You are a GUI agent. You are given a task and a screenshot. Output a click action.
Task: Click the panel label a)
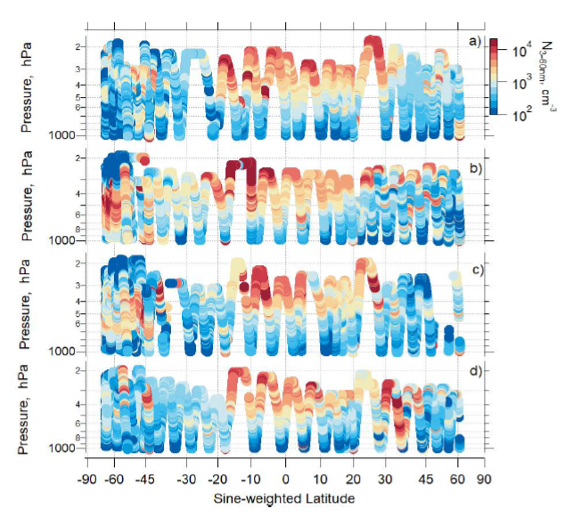pyautogui.click(x=476, y=41)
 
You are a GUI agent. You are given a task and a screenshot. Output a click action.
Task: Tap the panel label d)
pyautogui.click(x=476, y=371)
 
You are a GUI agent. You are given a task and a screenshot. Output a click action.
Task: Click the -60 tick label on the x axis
pyautogui.click(x=113, y=477)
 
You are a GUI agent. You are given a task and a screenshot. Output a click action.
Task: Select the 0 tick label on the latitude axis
pyautogui.click(x=286, y=477)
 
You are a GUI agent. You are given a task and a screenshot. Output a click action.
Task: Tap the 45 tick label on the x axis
pyautogui.click(x=427, y=477)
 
